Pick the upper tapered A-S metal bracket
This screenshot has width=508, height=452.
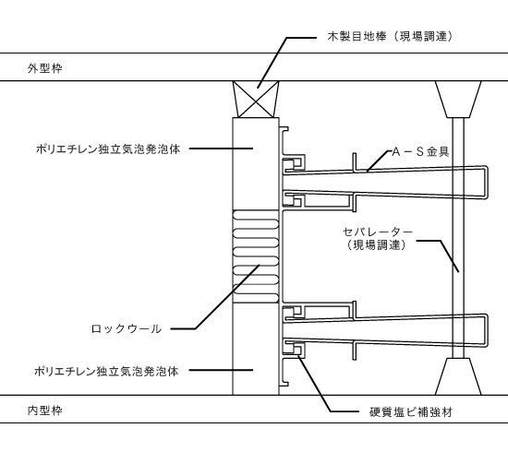tap(388, 184)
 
